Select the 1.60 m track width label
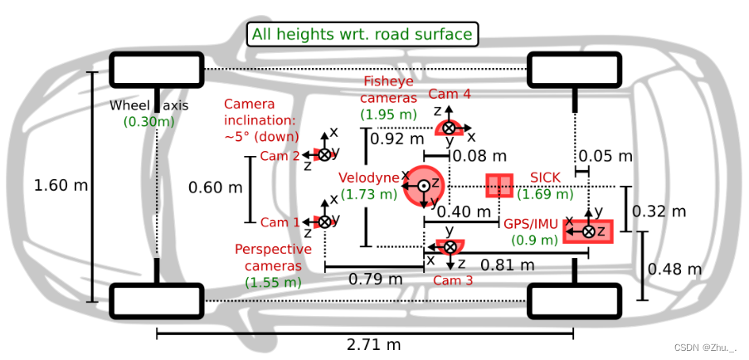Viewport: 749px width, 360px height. click(61, 185)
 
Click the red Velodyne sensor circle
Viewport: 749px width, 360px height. click(424, 185)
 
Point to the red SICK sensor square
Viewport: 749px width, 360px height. click(499, 186)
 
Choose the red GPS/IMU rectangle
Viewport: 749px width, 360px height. click(588, 230)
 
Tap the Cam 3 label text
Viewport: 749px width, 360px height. click(453, 280)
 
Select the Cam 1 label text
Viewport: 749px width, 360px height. click(280, 222)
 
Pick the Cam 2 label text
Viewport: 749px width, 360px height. click(280, 156)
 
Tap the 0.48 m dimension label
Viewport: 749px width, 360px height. click(674, 270)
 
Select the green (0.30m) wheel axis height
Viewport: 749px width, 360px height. click(149, 121)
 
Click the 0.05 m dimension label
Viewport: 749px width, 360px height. click(605, 156)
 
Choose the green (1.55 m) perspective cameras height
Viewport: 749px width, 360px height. click(274, 282)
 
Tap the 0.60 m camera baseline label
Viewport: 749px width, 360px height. click(216, 187)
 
